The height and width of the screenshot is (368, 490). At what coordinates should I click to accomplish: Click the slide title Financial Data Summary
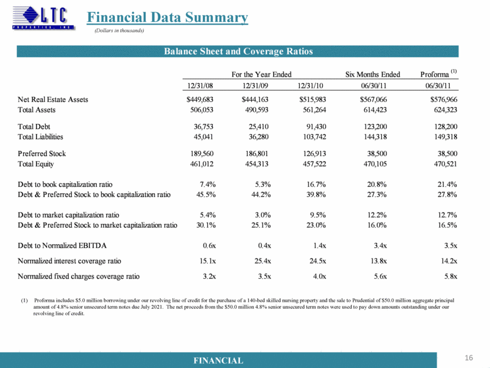pos(167,18)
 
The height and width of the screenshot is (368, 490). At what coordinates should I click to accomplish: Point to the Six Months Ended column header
pos(373,74)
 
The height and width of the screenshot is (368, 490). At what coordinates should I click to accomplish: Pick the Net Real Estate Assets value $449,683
pos(200,99)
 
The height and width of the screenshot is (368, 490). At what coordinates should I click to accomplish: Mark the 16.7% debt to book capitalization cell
pos(313,184)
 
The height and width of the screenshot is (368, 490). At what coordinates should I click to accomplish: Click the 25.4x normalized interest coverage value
pos(259,260)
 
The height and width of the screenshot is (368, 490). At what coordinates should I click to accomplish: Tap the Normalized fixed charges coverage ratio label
pos(79,276)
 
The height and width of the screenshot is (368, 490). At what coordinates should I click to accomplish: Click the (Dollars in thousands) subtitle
pos(120,31)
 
